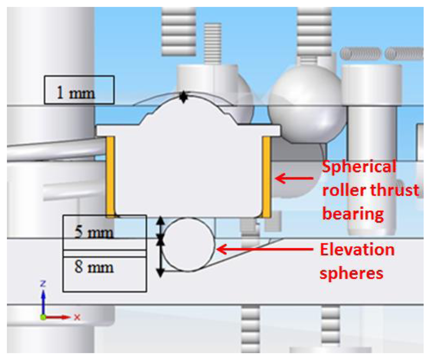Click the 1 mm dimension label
pyautogui.click(x=76, y=93)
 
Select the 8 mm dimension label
pyautogui.click(x=94, y=266)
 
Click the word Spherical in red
pyautogui.click(x=359, y=167)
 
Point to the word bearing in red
pyautogui.click(x=353, y=213)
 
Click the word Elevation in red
pyautogui.click(x=357, y=250)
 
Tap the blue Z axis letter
pyautogui.click(x=43, y=283)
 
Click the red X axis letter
pyautogui.click(x=77, y=317)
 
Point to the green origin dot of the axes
pyautogui.click(x=43, y=317)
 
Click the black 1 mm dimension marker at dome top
pyautogui.click(x=183, y=97)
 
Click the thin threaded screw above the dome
pyautogui.click(x=213, y=43)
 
